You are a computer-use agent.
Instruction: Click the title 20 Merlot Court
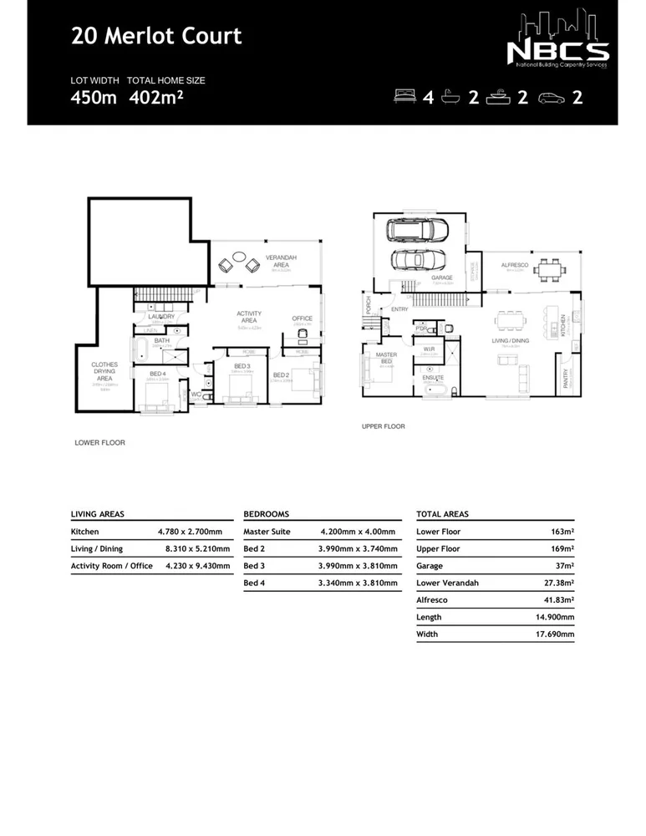[156, 36]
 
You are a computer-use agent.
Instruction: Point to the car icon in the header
[552, 97]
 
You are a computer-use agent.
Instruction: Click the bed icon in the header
[406, 97]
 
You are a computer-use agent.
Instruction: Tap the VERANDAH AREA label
[278, 262]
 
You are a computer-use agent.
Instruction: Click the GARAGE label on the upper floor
[441, 278]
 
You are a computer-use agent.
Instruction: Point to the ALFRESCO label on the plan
[512, 266]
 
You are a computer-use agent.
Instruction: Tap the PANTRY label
[566, 380]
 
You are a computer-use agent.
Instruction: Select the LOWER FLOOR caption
[99, 442]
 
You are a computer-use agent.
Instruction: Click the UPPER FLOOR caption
[384, 426]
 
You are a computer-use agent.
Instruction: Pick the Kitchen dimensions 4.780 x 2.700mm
[190, 532]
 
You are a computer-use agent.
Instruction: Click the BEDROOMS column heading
[266, 514]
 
